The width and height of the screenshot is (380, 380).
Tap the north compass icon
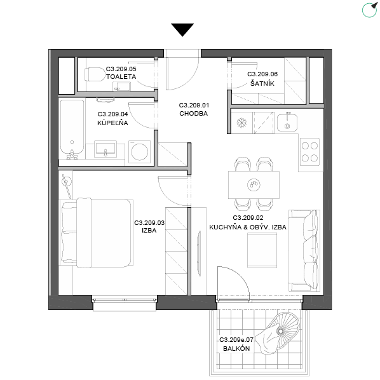(x=370, y=10)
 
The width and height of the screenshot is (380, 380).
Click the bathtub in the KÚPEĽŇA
(x=72, y=129)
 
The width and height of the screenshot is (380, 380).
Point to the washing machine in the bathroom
(x=139, y=152)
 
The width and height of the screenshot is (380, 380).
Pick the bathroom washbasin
(x=105, y=149)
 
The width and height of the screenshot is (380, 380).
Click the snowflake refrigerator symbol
(x=241, y=123)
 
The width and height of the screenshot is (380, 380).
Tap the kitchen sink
(x=287, y=123)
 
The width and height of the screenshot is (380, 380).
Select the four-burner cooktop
(x=309, y=152)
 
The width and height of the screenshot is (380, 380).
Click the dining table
(x=254, y=185)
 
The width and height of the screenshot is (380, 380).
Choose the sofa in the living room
(x=304, y=250)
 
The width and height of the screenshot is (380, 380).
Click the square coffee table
(x=262, y=250)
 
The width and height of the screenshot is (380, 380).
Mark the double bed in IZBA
(x=97, y=233)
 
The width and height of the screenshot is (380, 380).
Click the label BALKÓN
(x=236, y=348)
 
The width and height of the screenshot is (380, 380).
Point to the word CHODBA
(x=193, y=113)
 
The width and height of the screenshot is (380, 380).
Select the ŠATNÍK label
(x=262, y=83)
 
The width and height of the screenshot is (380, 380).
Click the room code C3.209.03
(x=149, y=222)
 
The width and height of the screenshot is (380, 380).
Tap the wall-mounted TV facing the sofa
(x=199, y=254)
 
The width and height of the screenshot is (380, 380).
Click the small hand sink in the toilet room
(x=121, y=86)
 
